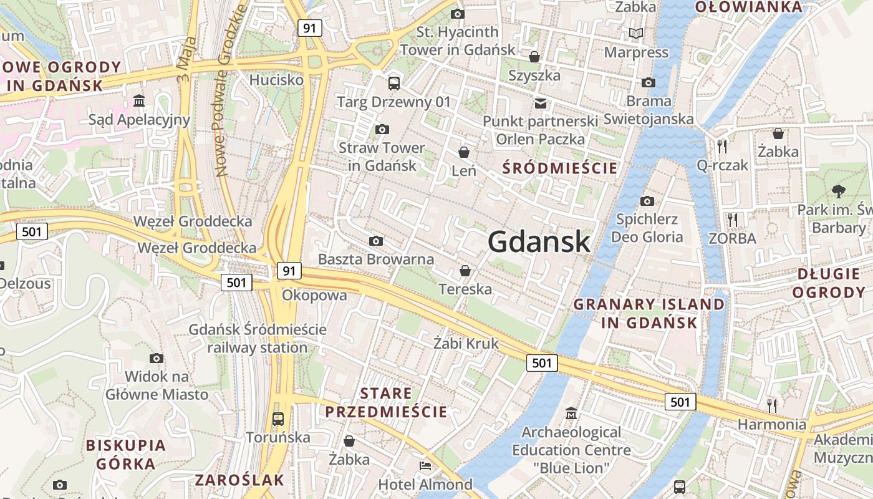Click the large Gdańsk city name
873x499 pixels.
pyautogui.click(x=539, y=241)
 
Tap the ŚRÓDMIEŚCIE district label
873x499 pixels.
pyautogui.click(x=560, y=168)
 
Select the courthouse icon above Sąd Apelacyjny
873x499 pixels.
pyautogui.click(x=139, y=100)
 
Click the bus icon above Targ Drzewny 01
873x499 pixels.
pyautogui.click(x=393, y=83)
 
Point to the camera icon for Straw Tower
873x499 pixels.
pyautogui.click(x=382, y=129)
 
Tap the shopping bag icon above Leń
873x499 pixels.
pyautogui.click(x=464, y=152)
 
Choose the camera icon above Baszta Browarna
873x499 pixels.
pyautogui.click(x=375, y=241)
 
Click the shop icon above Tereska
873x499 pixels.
pyautogui.click(x=465, y=270)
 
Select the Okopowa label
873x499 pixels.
pyautogui.click(x=314, y=295)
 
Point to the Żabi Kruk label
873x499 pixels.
pyautogui.click(x=466, y=343)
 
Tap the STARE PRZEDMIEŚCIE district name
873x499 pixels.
pyautogui.click(x=386, y=402)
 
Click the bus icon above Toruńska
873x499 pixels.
pyautogui.click(x=278, y=419)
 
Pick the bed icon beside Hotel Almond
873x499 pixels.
pyautogui.click(x=425, y=466)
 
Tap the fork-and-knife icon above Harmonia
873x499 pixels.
pyautogui.click(x=772, y=405)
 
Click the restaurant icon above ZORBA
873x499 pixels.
pyautogui.click(x=733, y=220)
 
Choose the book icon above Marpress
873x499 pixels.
pyautogui.click(x=635, y=33)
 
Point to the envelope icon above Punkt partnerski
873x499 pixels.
pyautogui.click(x=540, y=103)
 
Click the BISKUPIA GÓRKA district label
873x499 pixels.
pyautogui.click(x=126, y=455)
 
